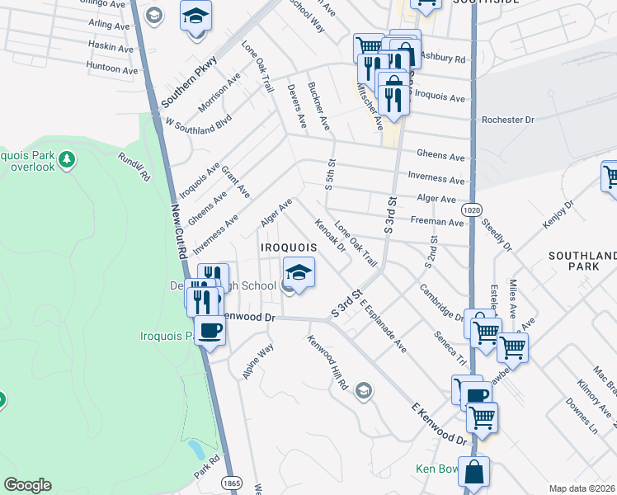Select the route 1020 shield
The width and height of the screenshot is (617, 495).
click(x=471, y=210)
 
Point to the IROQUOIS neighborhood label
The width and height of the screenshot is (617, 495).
click(x=289, y=247)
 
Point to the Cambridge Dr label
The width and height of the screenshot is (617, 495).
click(x=440, y=302)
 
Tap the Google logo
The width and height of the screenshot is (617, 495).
click(x=27, y=485)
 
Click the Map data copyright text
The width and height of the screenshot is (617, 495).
click(x=582, y=488)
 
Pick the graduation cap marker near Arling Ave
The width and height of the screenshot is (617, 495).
click(x=196, y=16)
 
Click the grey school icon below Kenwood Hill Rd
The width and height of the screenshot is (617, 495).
click(x=363, y=390)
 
